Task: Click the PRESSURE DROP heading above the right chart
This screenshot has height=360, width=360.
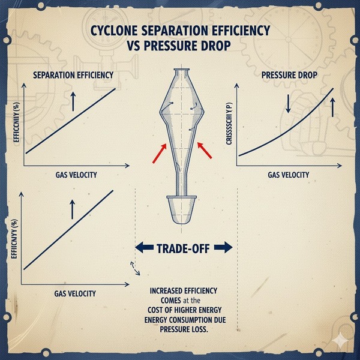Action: pos(290,76)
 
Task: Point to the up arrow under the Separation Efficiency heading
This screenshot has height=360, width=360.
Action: pos(73,102)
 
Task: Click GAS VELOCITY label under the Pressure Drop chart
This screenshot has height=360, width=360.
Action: pos(288,175)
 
